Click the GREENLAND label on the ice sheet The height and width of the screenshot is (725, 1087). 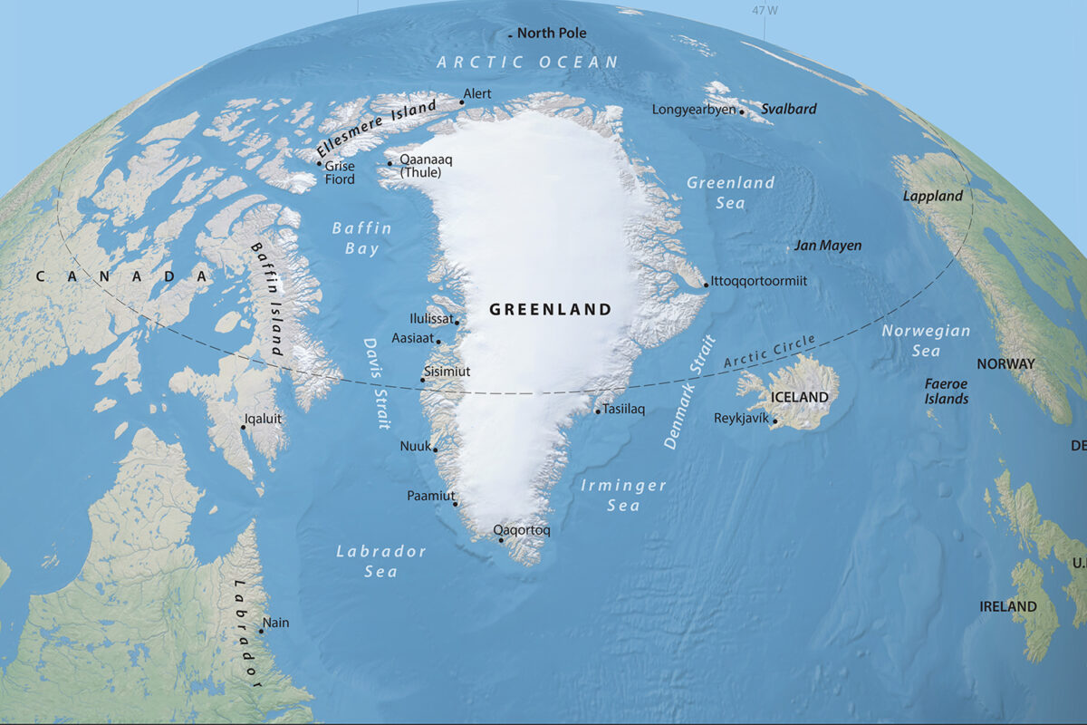pyautogui.click(x=550, y=310)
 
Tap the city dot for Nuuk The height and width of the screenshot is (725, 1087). pyautogui.click(x=436, y=449)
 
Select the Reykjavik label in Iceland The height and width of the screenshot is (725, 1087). pyautogui.click(x=741, y=418)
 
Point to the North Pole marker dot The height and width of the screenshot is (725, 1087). pyautogui.click(x=510, y=35)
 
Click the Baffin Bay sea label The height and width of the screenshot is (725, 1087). pyautogui.click(x=361, y=237)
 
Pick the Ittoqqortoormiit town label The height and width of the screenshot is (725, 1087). pyautogui.click(x=759, y=281)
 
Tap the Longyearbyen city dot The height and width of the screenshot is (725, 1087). pyautogui.click(x=742, y=112)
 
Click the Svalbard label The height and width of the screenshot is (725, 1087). pyautogui.click(x=788, y=109)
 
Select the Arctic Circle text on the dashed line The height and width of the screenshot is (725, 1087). pyautogui.click(x=770, y=353)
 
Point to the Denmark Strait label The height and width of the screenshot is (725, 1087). pyautogui.click(x=689, y=392)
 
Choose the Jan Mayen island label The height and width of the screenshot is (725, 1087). pyautogui.click(x=828, y=246)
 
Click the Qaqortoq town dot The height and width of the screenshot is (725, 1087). pyautogui.click(x=501, y=540)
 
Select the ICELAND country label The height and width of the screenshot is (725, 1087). pyautogui.click(x=799, y=397)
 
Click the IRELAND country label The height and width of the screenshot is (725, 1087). pyautogui.click(x=1008, y=606)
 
